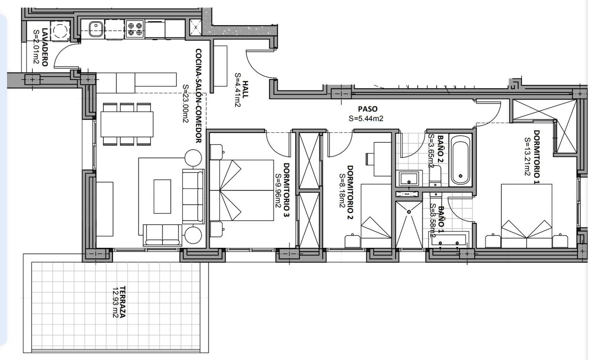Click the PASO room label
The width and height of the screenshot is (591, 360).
(x=368, y=109)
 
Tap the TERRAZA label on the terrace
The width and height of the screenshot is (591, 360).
(x=123, y=302)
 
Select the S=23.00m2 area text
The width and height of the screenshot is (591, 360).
(x=186, y=104)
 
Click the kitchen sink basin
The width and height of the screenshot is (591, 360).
(x=95, y=29)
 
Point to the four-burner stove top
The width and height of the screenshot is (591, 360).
(x=135, y=29)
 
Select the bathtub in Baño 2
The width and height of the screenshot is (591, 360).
(x=461, y=160)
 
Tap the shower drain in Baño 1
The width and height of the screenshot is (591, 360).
(x=409, y=212)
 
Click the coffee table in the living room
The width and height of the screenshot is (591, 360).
(x=162, y=197)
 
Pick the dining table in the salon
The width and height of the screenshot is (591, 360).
(x=127, y=124)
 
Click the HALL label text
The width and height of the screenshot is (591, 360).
(x=245, y=89)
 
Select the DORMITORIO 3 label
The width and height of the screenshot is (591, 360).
(x=286, y=190)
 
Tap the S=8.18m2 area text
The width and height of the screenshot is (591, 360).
(x=342, y=191)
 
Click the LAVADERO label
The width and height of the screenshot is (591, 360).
(x=45, y=47)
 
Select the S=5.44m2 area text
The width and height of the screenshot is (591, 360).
(x=366, y=119)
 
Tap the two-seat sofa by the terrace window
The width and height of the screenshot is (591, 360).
(x=162, y=235)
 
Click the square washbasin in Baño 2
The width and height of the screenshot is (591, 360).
(x=409, y=178)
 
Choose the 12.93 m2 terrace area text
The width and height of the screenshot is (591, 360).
(x=115, y=302)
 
